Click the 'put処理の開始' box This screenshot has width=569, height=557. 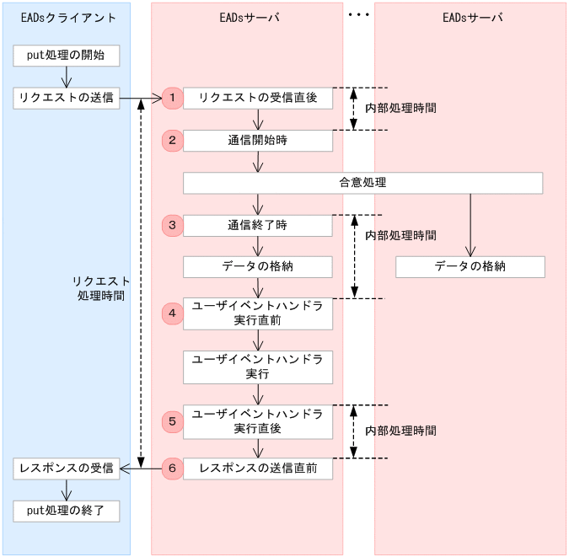click(x=66, y=56)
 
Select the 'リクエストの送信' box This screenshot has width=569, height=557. click(x=66, y=99)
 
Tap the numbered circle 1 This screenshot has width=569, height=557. click(x=172, y=99)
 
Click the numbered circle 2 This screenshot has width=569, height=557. click(x=172, y=141)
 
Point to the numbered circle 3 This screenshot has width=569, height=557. click(x=172, y=225)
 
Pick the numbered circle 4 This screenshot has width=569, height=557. click(x=172, y=313)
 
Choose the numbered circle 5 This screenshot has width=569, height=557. click(x=172, y=421)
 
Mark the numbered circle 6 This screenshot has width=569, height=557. click(x=172, y=469)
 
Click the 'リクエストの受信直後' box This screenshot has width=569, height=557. click(x=257, y=99)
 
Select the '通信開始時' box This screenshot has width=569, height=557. click(x=257, y=141)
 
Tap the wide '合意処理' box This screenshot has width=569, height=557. click(x=362, y=183)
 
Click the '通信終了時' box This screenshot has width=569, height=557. click(x=257, y=225)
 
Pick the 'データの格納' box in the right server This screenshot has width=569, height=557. click(x=470, y=267)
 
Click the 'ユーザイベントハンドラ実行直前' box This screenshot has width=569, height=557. click(x=257, y=313)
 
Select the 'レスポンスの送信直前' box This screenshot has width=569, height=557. click(x=257, y=469)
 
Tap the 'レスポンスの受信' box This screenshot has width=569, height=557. click(x=66, y=469)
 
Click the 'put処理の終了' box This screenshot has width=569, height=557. click(x=66, y=511)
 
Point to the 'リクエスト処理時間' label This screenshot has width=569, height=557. click(x=100, y=288)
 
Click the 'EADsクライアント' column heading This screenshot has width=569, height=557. click(x=66, y=18)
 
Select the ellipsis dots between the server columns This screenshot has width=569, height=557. click(x=359, y=15)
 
